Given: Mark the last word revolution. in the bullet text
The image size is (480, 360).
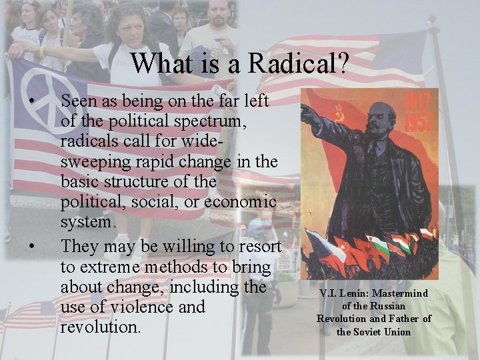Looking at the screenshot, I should (x=101, y=328).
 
